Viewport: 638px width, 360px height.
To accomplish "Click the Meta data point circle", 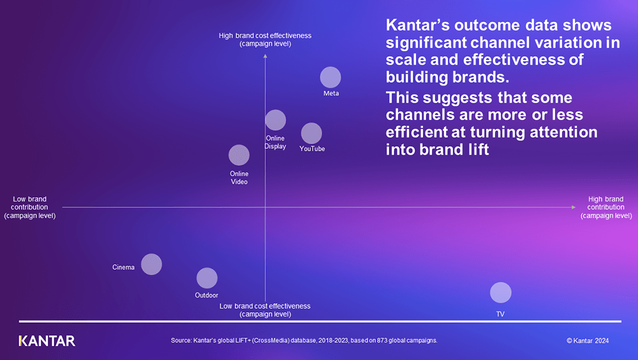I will coord(330,77).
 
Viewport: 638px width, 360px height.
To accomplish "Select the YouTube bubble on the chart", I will coord(311,133).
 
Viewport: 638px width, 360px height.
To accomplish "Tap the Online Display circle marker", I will coord(276,120).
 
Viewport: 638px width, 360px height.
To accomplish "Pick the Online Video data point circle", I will coord(239,155).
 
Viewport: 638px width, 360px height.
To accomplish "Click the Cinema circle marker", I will coord(151,264).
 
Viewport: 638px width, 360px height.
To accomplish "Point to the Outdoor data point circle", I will coord(207,278).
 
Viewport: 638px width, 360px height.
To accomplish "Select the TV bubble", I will coord(501,292).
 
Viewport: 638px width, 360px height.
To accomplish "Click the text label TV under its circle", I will coord(501,314).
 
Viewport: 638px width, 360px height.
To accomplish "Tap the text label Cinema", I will coord(123,267).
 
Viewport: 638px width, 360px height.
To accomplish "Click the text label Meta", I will coord(331,93).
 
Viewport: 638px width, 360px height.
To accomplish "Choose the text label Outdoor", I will coord(207,296).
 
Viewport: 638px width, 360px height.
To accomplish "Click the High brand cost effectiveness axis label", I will coord(265,40).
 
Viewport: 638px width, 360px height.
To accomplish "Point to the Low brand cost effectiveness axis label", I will coord(265,310).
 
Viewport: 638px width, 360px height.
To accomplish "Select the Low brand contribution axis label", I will coord(30,207).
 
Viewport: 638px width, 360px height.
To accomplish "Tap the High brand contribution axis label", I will coord(605,207).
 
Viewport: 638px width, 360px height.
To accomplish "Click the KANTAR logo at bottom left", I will coord(47,341).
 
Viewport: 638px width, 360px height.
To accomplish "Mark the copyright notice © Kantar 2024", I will coord(588,341).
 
